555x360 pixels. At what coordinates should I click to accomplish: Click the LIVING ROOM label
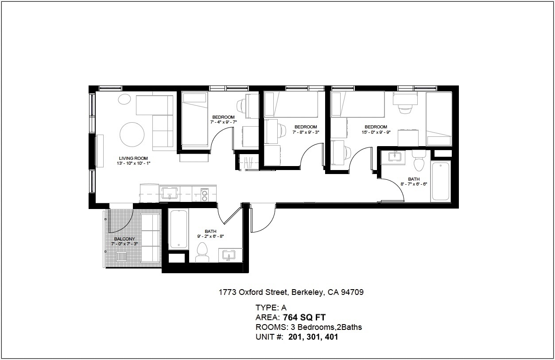pos(133,159)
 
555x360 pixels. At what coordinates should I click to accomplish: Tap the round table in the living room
pos(132,135)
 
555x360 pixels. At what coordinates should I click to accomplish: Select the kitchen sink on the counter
pos(170,193)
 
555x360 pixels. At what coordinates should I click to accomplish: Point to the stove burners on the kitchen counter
pos(205,195)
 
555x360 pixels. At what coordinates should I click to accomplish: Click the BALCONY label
pos(124,239)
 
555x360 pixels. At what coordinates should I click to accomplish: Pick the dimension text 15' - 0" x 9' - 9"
pos(376,132)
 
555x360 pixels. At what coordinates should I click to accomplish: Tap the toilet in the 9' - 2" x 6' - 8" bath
pos(202,252)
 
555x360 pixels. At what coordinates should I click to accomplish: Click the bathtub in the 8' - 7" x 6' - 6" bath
pos(441,182)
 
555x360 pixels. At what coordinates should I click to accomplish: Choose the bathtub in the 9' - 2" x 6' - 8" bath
pos(179,229)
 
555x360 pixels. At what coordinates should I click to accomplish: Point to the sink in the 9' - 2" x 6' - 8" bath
pos(229,255)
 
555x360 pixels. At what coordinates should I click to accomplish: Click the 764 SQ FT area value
pos(304,317)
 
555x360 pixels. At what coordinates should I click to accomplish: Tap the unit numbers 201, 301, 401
pos(313,337)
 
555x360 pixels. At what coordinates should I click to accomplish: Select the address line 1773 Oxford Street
pos(253,292)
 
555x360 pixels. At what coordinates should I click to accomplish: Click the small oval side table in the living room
pos(124,99)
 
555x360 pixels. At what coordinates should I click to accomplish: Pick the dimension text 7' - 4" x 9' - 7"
pos(224,122)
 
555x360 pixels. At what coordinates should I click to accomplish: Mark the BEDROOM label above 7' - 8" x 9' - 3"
pos(306,127)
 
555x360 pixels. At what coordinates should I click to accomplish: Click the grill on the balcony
pos(121,257)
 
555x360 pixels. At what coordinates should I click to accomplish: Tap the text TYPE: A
pos(271,308)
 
